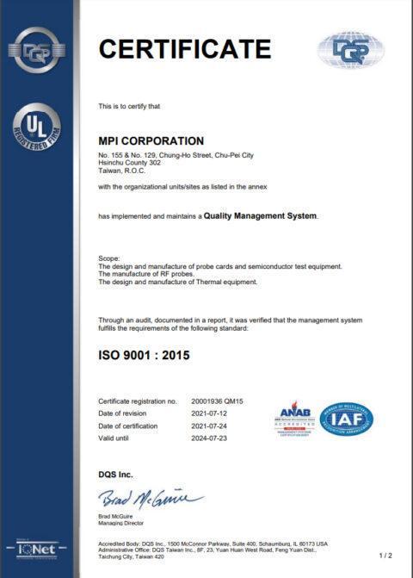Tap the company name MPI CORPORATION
(151, 140)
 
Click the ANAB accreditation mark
(294, 420)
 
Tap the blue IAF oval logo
(346, 420)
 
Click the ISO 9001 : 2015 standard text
(145, 354)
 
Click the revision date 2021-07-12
(211, 413)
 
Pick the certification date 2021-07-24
(211, 426)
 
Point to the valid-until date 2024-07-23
(211, 438)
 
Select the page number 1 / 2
(385, 556)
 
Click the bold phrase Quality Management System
(261, 215)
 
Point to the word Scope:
(109, 258)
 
